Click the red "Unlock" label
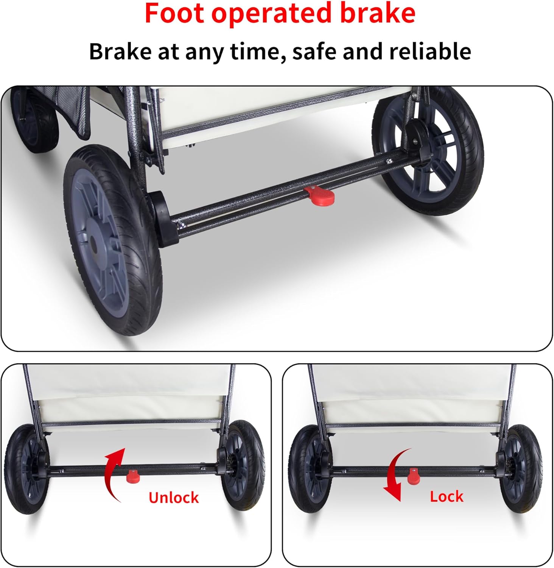(x=173, y=498)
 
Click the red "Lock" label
(x=447, y=496)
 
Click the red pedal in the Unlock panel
(x=133, y=476)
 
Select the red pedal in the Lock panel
(x=413, y=476)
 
